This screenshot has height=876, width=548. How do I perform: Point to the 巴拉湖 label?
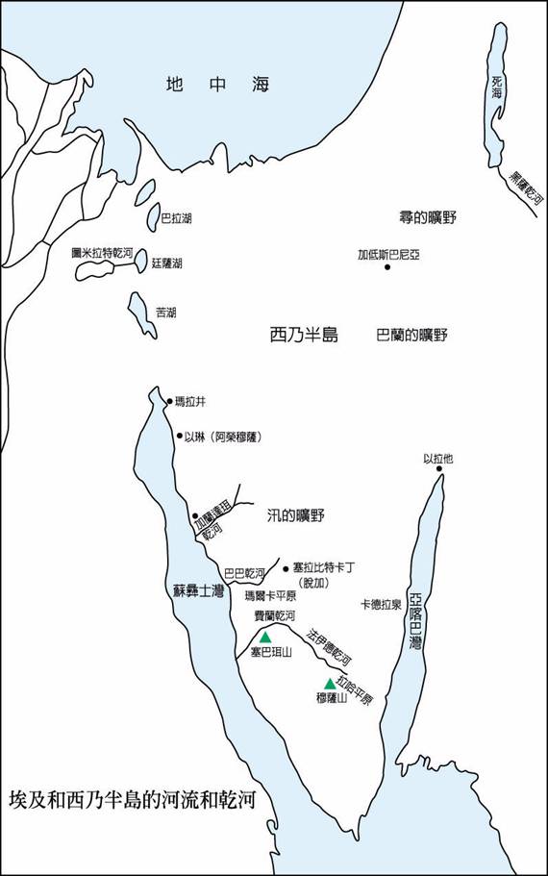(176, 218)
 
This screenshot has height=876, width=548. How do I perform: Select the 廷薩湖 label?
(166, 263)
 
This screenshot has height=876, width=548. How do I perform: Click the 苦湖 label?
(165, 313)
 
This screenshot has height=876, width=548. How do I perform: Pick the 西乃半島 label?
(304, 335)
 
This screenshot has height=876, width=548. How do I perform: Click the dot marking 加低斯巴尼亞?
(388, 266)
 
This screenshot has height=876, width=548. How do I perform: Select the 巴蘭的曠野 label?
(411, 335)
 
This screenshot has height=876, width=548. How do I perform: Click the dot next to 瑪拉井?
(169, 401)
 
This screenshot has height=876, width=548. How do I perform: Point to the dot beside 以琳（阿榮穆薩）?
(179, 436)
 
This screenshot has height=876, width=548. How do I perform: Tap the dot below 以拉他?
(437, 471)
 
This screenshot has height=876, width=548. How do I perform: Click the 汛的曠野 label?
(296, 515)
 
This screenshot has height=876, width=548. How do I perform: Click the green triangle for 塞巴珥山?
(265, 637)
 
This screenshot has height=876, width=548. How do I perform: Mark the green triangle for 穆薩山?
(330, 684)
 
